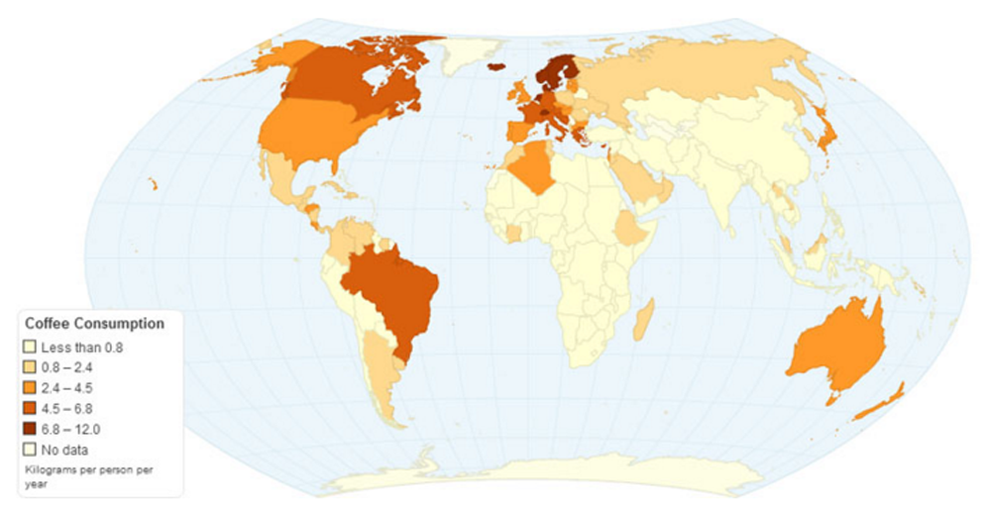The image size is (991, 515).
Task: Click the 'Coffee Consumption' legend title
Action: tap(93, 324)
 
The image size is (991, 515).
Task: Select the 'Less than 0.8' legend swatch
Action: tap(30, 348)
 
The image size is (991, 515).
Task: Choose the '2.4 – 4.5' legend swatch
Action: tap(30, 388)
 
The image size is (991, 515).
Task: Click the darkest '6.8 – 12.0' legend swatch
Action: tap(30, 429)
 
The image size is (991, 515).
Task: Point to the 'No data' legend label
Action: tap(65, 450)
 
